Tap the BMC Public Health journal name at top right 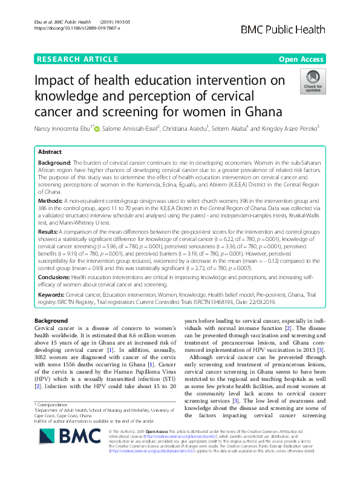[292, 29]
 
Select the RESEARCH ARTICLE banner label [77, 59]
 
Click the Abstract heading [50, 153]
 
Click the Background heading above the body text [51, 320]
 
